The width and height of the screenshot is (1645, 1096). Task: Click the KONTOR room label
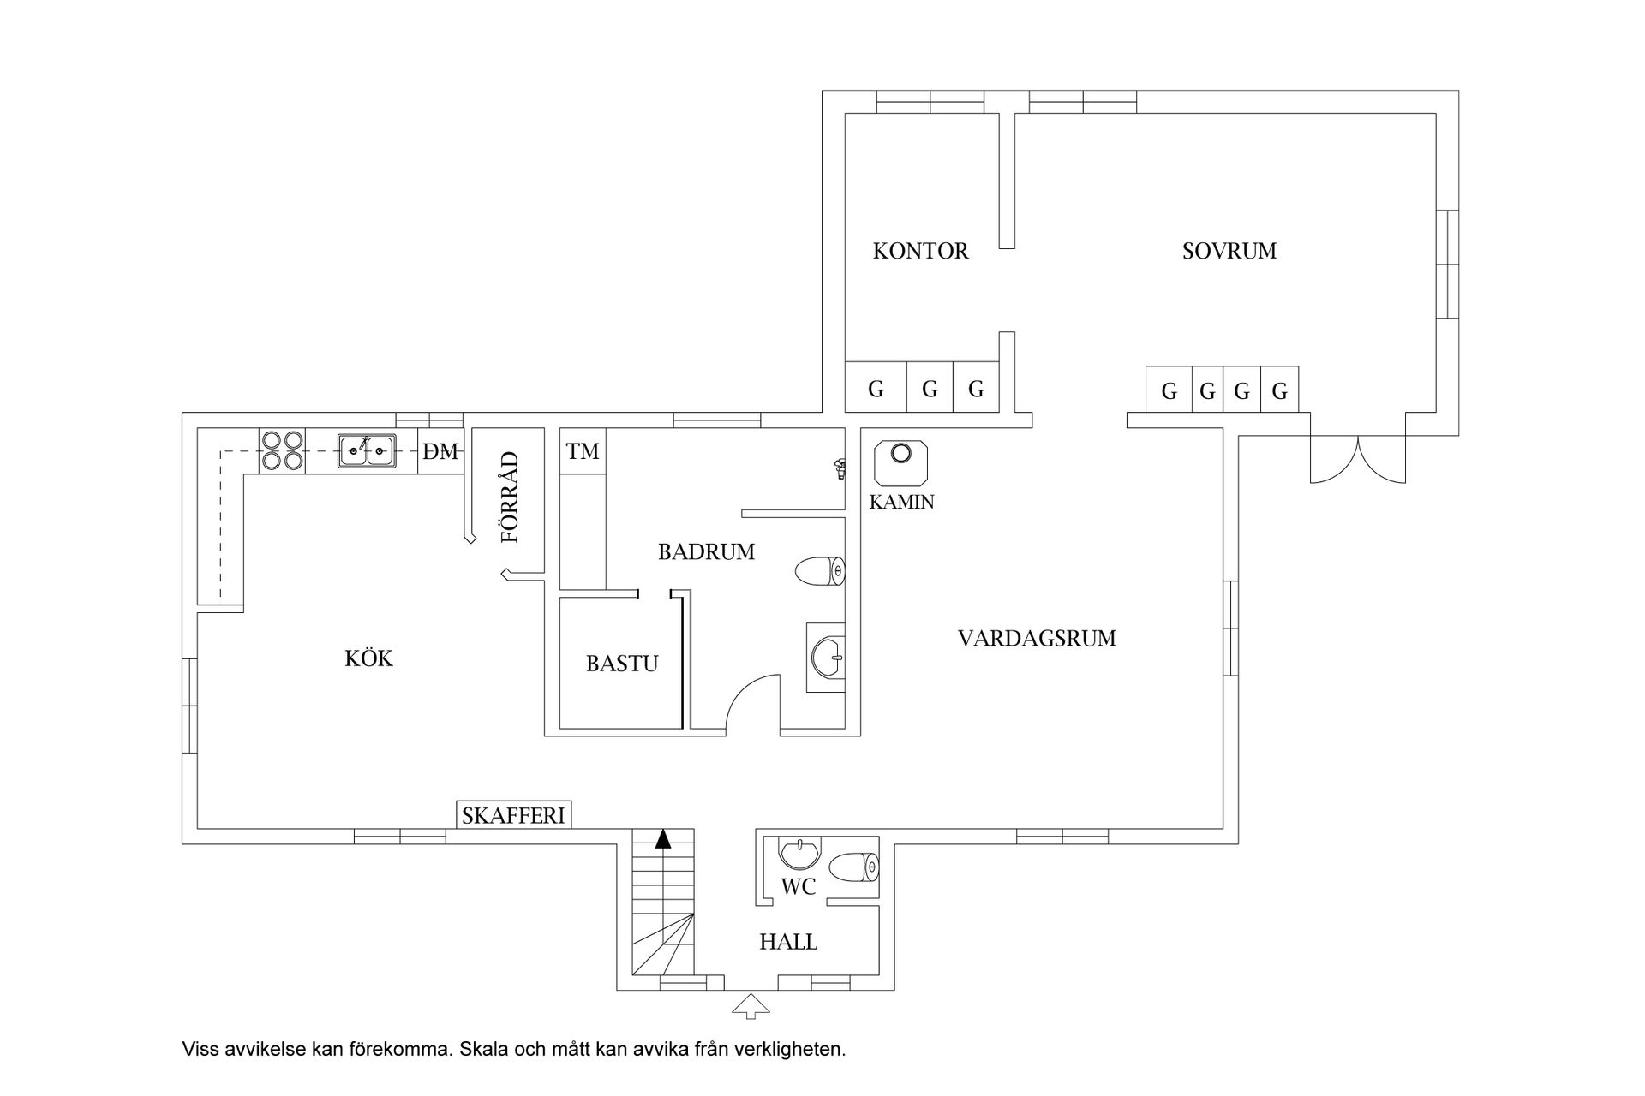coord(920,251)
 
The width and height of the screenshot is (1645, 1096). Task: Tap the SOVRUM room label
coord(1229,251)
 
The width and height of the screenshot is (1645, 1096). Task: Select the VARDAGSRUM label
coord(1037,638)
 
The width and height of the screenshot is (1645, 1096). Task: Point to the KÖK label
coord(368,658)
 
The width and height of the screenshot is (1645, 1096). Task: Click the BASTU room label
coord(622,664)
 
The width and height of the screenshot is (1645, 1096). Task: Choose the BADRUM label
coord(706,552)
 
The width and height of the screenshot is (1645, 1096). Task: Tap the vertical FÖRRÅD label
coord(511,497)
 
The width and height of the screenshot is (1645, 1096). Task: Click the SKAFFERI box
coord(513,815)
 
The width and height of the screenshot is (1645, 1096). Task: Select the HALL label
coord(788,943)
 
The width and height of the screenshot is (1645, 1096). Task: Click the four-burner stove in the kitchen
coord(283,450)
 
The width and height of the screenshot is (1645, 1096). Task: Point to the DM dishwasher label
coord(440,451)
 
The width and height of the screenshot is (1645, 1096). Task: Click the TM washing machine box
coord(583,450)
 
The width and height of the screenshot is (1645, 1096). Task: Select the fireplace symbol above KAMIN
coord(900,463)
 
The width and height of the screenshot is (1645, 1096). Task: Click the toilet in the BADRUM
coord(820,571)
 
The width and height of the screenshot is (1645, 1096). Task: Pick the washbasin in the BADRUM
coord(826,658)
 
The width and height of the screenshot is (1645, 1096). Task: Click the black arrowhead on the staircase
coord(662,839)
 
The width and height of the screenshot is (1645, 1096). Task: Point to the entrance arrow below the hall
coord(751,1005)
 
